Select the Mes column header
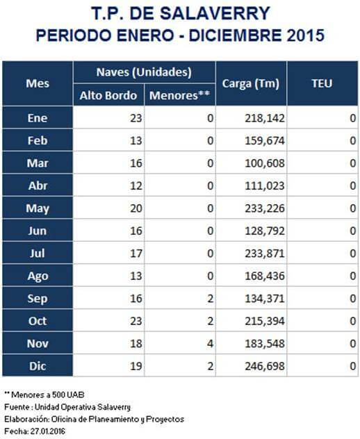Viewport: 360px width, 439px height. pyautogui.click(x=38, y=83)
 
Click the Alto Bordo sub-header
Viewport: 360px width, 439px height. pyautogui.click(x=108, y=95)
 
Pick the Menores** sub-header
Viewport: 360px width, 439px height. pyautogui.click(x=179, y=95)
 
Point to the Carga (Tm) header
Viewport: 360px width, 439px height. pyautogui.click(x=251, y=83)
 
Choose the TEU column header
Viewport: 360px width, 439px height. pyautogui.click(x=322, y=83)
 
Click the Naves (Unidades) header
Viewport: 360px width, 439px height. pyautogui.click(x=144, y=72)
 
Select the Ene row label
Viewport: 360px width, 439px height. pyautogui.click(x=38, y=118)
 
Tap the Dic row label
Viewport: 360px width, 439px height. pyautogui.click(x=38, y=366)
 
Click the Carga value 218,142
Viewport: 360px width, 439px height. pyautogui.click(x=265, y=118)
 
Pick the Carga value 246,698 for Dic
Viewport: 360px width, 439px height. pyautogui.click(x=265, y=366)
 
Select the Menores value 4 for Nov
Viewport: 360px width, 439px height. pyautogui.click(x=210, y=344)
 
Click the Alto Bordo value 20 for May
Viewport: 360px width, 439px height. pyautogui.click(x=136, y=208)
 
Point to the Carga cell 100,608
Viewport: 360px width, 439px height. pyautogui.click(x=265, y=163)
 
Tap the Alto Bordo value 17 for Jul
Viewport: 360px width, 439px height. pyautogui.click(x=136, y=254)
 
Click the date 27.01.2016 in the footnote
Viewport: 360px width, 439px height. pyautogui.click(x=48, y=431)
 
